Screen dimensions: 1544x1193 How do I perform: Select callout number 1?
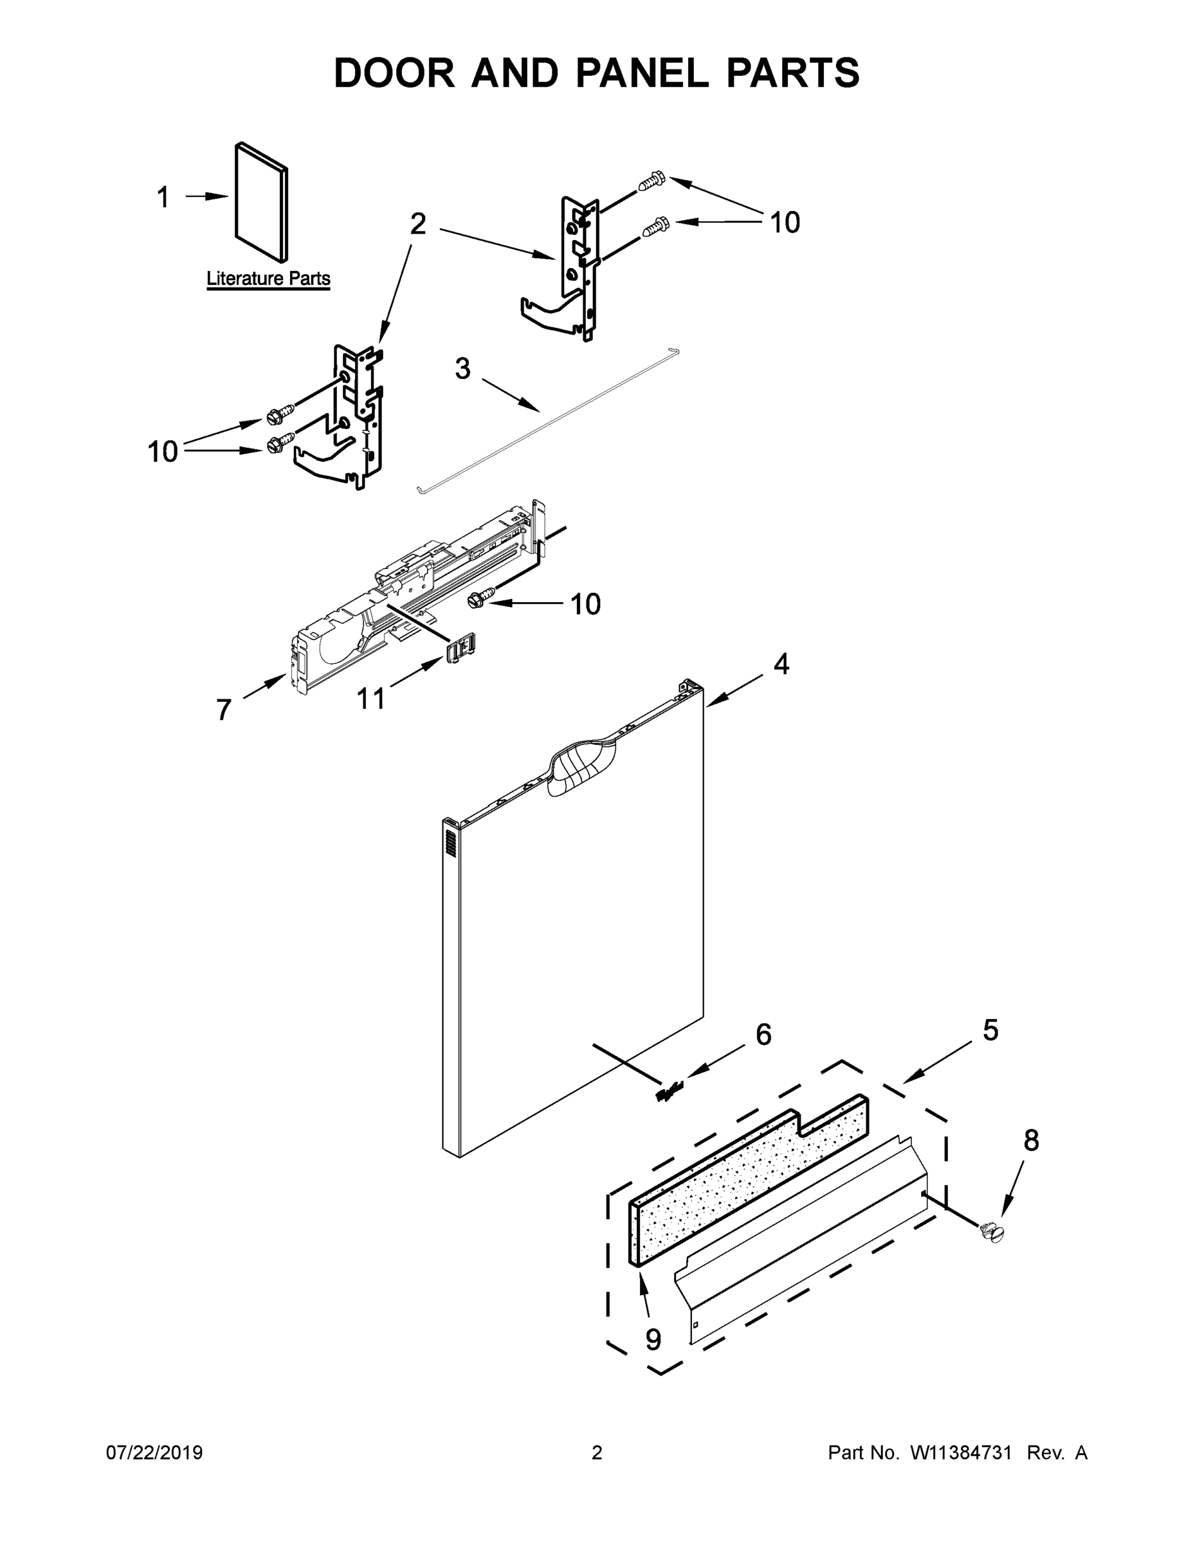click(163, 198)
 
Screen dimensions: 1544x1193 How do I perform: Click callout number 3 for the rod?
click(462, 369)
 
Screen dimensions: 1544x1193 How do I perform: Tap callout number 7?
click(223, 709)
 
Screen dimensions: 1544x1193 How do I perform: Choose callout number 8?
click(1031, 1141)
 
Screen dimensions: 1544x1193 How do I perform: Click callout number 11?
click(371, 699)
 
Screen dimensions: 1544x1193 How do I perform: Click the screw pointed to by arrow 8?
click(993, 1232)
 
